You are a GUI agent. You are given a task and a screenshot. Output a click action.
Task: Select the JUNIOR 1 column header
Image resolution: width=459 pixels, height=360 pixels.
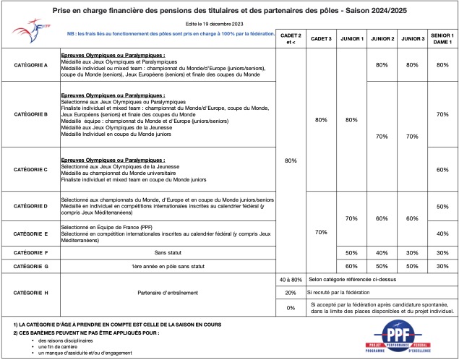352,38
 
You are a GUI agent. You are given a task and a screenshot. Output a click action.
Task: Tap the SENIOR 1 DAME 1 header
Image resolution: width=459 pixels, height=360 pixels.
441,38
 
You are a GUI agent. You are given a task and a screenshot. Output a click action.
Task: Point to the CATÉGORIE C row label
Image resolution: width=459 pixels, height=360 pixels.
31,169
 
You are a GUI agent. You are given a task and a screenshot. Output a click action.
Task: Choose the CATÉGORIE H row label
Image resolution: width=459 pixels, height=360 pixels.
31,293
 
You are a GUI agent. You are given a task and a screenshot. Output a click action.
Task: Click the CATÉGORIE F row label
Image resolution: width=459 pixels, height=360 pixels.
31,252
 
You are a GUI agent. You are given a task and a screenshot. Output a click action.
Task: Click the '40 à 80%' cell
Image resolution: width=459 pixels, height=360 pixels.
290,278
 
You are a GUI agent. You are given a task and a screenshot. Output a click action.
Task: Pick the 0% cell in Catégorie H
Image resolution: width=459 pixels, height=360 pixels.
290,307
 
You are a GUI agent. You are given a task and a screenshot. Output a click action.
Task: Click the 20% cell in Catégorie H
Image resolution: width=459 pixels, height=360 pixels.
290,293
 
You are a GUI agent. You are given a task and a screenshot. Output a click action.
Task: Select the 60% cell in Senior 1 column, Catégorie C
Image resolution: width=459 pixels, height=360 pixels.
441,169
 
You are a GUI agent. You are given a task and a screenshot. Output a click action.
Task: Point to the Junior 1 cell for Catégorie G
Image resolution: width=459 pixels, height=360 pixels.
352,266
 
